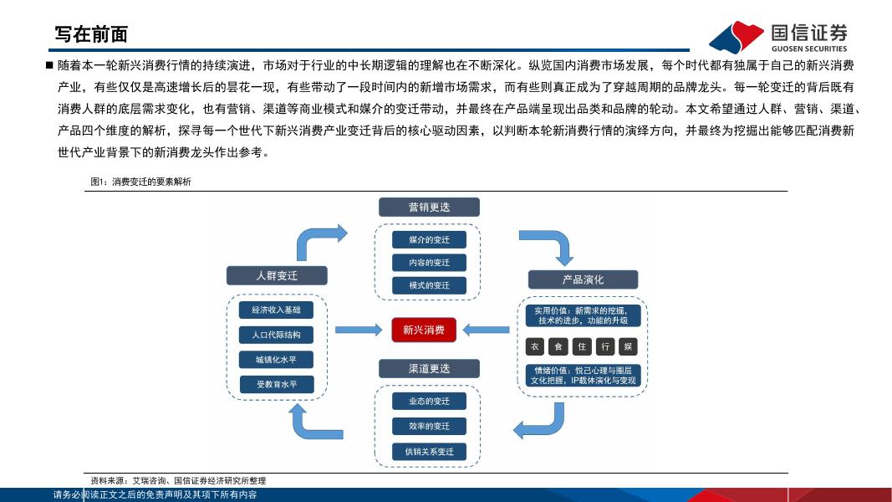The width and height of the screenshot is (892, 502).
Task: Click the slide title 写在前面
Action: pyautogui.click(x=91, y=34)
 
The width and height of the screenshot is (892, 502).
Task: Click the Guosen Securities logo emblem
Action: pyautogui.click(x=736, y=37)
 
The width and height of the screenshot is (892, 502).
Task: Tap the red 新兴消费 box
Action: pyautogui.click(x=424, y=330)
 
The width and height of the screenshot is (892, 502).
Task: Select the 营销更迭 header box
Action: pyautogui.click(x=429, y=207)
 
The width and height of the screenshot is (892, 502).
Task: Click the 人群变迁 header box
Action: pyautogui.click(x=276, y=275)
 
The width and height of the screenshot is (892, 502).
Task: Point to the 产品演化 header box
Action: pyautogui.click(x=583, y=279)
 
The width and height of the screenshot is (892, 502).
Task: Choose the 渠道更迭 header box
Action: pyautogui.click(x=429, y=368)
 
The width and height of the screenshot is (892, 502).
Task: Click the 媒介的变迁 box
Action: pyautogui.click(x=429, y=240)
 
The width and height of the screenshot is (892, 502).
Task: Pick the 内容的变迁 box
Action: pyautogui.click(x=429, y=263)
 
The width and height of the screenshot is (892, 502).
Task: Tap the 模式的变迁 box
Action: pyautogui.click(x=429, y=285)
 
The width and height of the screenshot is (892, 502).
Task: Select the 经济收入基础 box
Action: pyautogui.click(x=276, y=310)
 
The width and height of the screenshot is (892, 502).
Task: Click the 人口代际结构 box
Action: pyautogui.click(x=276, y=335)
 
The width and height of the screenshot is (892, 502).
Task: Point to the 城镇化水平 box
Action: pyautogui.click(x=276, y=360)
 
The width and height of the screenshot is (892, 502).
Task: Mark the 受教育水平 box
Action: pyautogui.click(x=276, y=385)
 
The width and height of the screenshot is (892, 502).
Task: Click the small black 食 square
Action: pyautogui.click(x=558, y=346)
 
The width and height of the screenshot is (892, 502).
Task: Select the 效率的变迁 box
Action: pyautogui.click(x=429, y=427)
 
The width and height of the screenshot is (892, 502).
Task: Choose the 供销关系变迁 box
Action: pyautogui.click(x=429, y=452)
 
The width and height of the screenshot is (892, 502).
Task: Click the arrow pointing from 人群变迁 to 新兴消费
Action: pyautogui.click(x=358, y=330)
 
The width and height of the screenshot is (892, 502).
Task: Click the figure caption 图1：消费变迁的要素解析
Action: pyautogui.click(x=141, y=182)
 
